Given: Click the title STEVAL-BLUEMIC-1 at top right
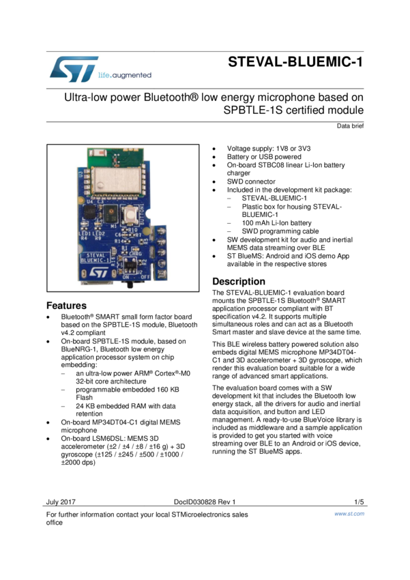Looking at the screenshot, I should [295, 63].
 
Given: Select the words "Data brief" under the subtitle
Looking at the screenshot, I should [350, 126].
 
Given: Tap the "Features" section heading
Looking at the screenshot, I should [66, 306].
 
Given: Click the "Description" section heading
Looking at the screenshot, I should [239, 281].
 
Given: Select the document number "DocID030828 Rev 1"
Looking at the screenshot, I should [204, 502].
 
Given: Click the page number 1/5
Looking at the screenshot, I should [359, 502].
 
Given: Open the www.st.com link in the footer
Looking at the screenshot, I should [349, 514].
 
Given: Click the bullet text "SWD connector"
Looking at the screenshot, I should [251, 182].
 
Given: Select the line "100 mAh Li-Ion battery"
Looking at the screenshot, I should [276, 222].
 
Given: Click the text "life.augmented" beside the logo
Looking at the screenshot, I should [125, 75].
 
